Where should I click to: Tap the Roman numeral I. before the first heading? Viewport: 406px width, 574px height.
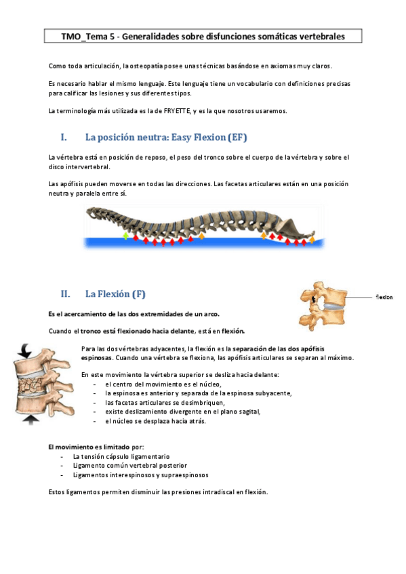pyautogui.click(x=64, y=137)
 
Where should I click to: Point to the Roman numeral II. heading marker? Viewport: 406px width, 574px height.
pyautogui.click(x=66, y=294)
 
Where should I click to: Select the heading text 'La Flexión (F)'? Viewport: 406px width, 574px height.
pyautogui.click(x=115, y=294)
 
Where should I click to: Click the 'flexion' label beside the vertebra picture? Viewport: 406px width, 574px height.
pyautogui.click(x=384, y=297)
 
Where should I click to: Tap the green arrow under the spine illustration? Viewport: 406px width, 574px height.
pyautogui.click(x=125, y=236)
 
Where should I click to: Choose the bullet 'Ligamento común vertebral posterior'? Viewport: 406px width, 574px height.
pyautogui.click(x=129, y=466)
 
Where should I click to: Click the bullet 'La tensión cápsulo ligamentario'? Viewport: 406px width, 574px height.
pyautogui.click(x=121, y=457)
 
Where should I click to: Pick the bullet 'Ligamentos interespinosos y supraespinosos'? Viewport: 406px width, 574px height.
pyautogui.click(x=140, y=475)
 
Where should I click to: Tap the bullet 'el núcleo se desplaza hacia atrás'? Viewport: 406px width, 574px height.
pyautogui.click(x=155, y=420)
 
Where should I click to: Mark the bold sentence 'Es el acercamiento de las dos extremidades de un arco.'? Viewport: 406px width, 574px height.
pyautogui.click(x=134, y=314)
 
